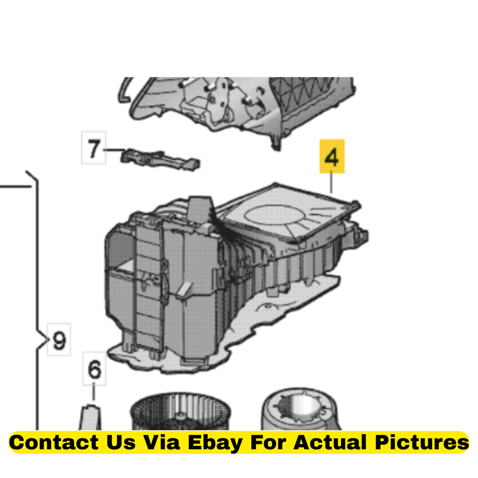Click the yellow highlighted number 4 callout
pyautogui.click(x=332, y=157)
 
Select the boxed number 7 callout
pyautogui.click(x=94, y=147)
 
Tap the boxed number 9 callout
pyautogui.click(x=59, y=339)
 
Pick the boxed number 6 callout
pyautogui.click(x=94, y=368)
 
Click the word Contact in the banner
pyautogui.click(x=54, y=442)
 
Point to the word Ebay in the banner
pyautogui.click(x=215, y=443)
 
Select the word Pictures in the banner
pyautogui.click(x=422, y=442)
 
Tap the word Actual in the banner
pyautogui.click(x=330, y=442)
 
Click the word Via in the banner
pyautogui.click(x=162, y=442)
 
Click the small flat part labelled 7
pyautogui.click(x=161, y=160)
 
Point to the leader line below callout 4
pyautogui.click(x=331, y=182)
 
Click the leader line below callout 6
pyautogui.click(x=94, y=392)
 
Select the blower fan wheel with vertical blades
pyautogui.click(x=180, y=412)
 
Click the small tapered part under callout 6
pyautogui.click(x=90, y=417)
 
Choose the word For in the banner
pyautogui.click(x=268, y=442)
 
